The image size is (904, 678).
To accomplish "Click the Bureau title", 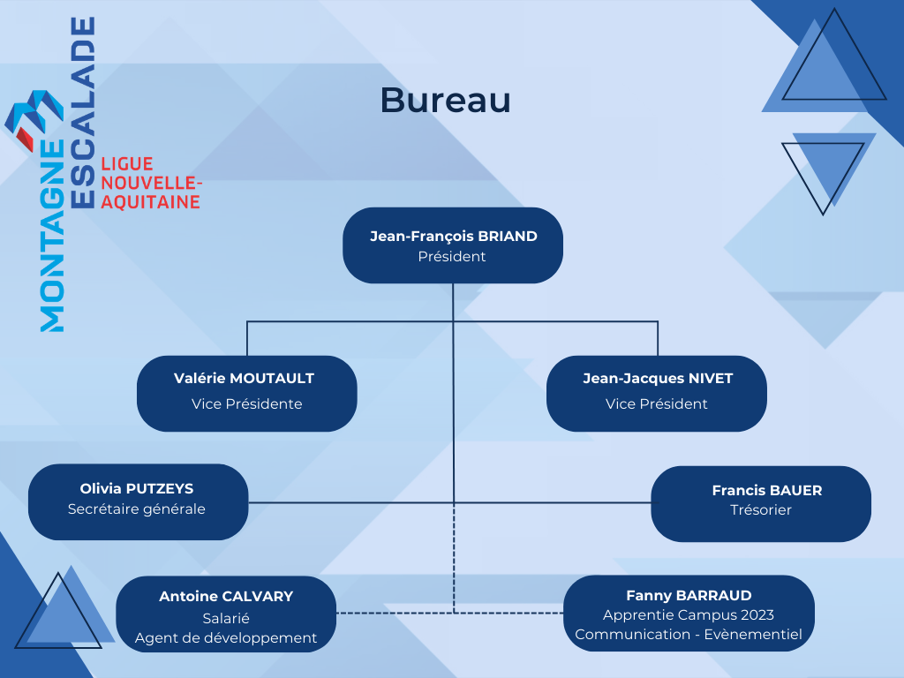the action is pos(445,101).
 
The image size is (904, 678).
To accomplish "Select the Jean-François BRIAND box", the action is pos(453,245).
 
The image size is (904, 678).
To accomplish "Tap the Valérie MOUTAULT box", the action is pos(247,393).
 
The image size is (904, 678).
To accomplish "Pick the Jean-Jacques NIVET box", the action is pos(657,393).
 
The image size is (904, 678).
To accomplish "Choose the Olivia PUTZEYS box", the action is pos(139,501).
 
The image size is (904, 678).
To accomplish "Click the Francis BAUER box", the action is pos(761,504).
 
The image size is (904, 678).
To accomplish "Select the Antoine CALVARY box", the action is pos(226,614).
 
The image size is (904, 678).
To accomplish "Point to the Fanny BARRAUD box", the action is pos(689,613).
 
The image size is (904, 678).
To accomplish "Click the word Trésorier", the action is pos(761,509).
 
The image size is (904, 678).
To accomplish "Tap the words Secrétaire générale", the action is pos(137,509).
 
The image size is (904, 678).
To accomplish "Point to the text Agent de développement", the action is pos(226,637).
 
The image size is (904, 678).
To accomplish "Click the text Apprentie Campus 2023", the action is pos(689,615).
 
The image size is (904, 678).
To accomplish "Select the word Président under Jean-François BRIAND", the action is pos(452,257).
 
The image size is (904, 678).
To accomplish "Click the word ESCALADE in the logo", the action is pos(82,112).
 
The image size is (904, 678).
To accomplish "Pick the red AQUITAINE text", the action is pos(150,202).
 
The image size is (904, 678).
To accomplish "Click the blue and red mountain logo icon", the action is pos(34,119).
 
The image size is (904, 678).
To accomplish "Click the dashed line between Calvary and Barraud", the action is pos(449,613).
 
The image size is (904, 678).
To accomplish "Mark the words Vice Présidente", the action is pos(247,403).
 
